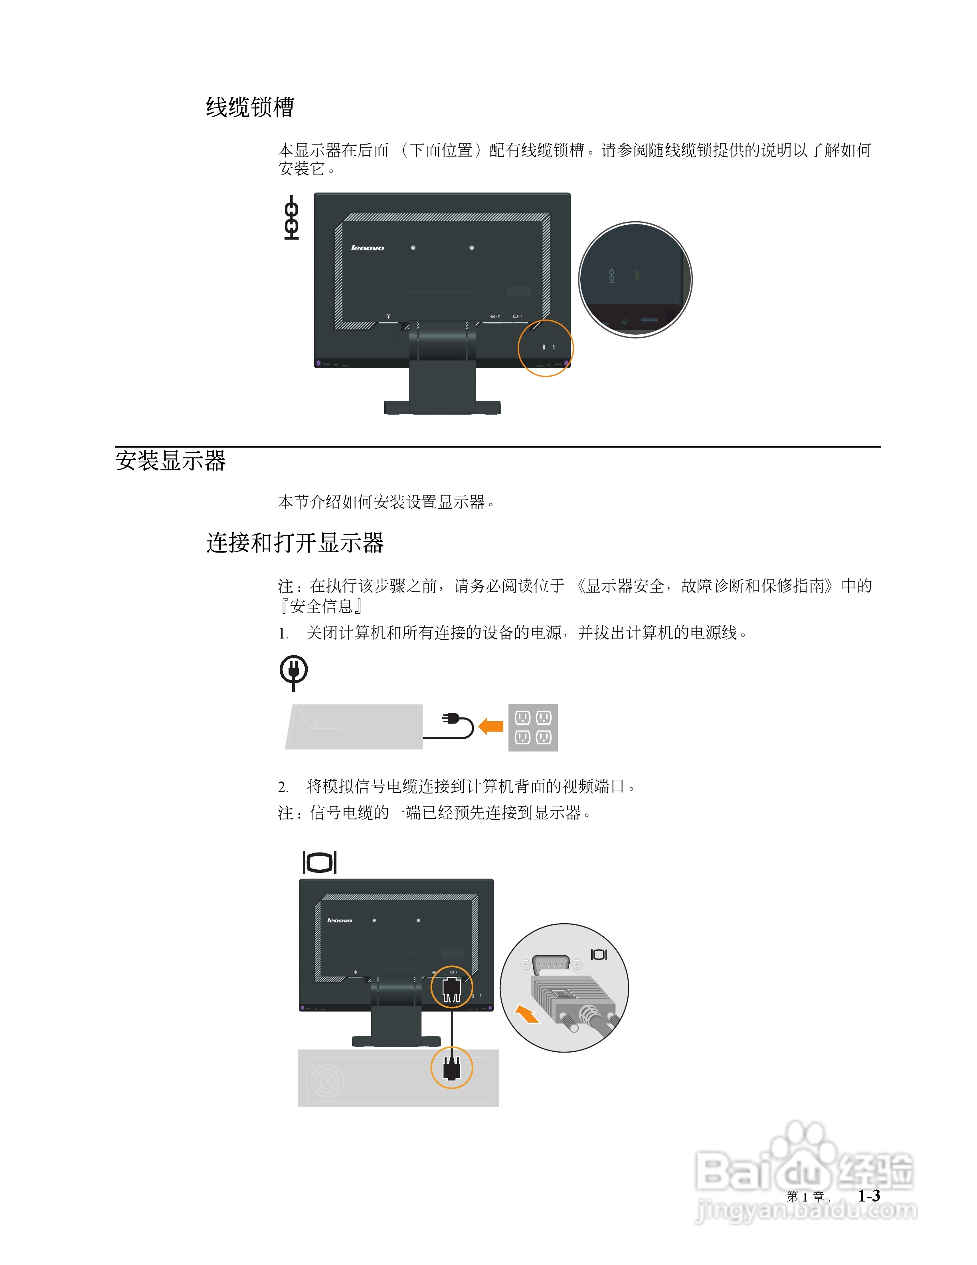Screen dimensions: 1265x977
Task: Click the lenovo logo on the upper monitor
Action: coord(368,248)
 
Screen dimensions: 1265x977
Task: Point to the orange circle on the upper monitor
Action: coord(545,348)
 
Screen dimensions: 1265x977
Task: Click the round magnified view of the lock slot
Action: coord(635,280)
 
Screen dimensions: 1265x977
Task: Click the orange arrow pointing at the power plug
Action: coord(491,726)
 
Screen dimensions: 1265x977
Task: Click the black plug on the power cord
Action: coord(450,719)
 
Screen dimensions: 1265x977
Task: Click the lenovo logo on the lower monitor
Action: coord(340,920)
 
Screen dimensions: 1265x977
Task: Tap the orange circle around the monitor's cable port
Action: coord(451,987)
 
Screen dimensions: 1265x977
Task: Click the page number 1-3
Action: coord(869,1196)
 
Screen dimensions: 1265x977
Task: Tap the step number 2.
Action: coord(283,787)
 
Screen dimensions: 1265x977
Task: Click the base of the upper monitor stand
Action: coord(442,407)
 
